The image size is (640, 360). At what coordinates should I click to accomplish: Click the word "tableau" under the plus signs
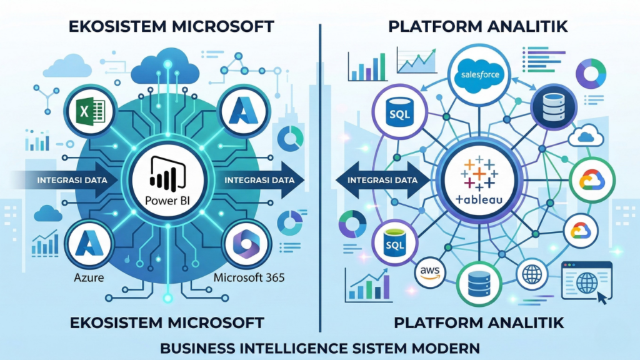pyautogui.click(x=480, y=200)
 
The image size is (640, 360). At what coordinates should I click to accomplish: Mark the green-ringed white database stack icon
pyautogui.click(x=479, y=285)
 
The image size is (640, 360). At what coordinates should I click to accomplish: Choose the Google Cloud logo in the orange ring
pyautogui.click(x=581, y=231)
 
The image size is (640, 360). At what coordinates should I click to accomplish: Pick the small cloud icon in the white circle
pyautogui.click(x=587, y=136)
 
